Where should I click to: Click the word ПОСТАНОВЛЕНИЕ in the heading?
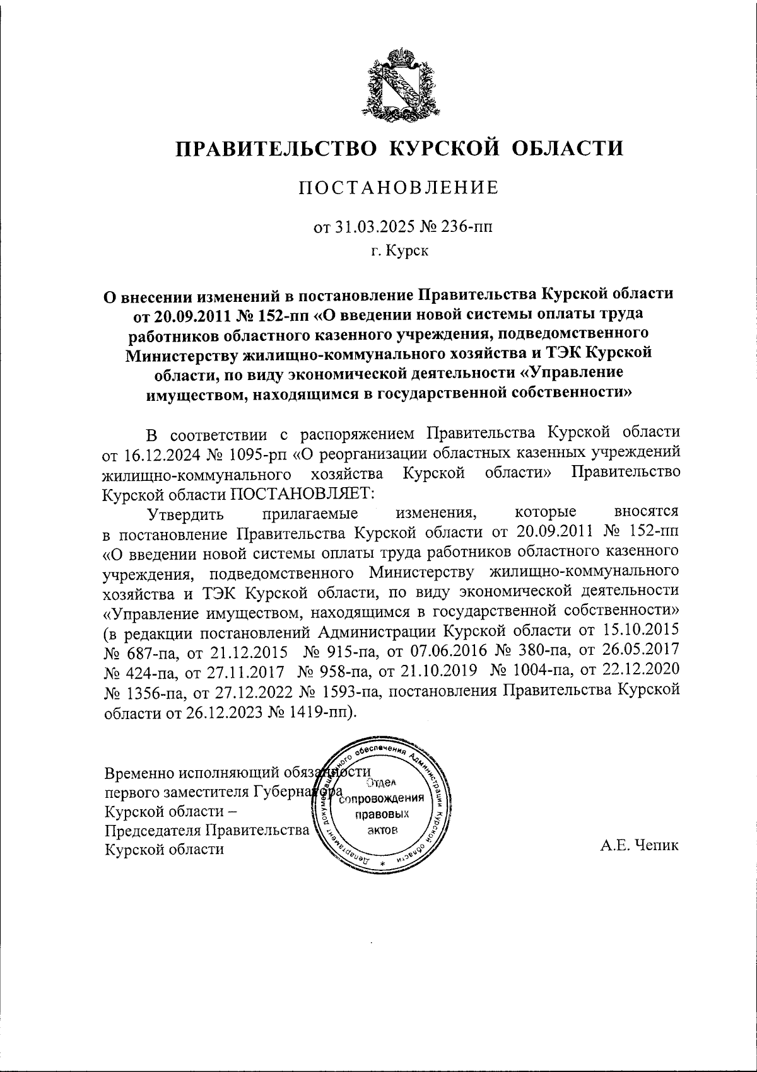(399, 188)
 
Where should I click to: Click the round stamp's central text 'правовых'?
(382, 814)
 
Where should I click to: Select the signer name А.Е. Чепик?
(640, 846)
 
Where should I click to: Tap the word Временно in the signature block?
(139, 773)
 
